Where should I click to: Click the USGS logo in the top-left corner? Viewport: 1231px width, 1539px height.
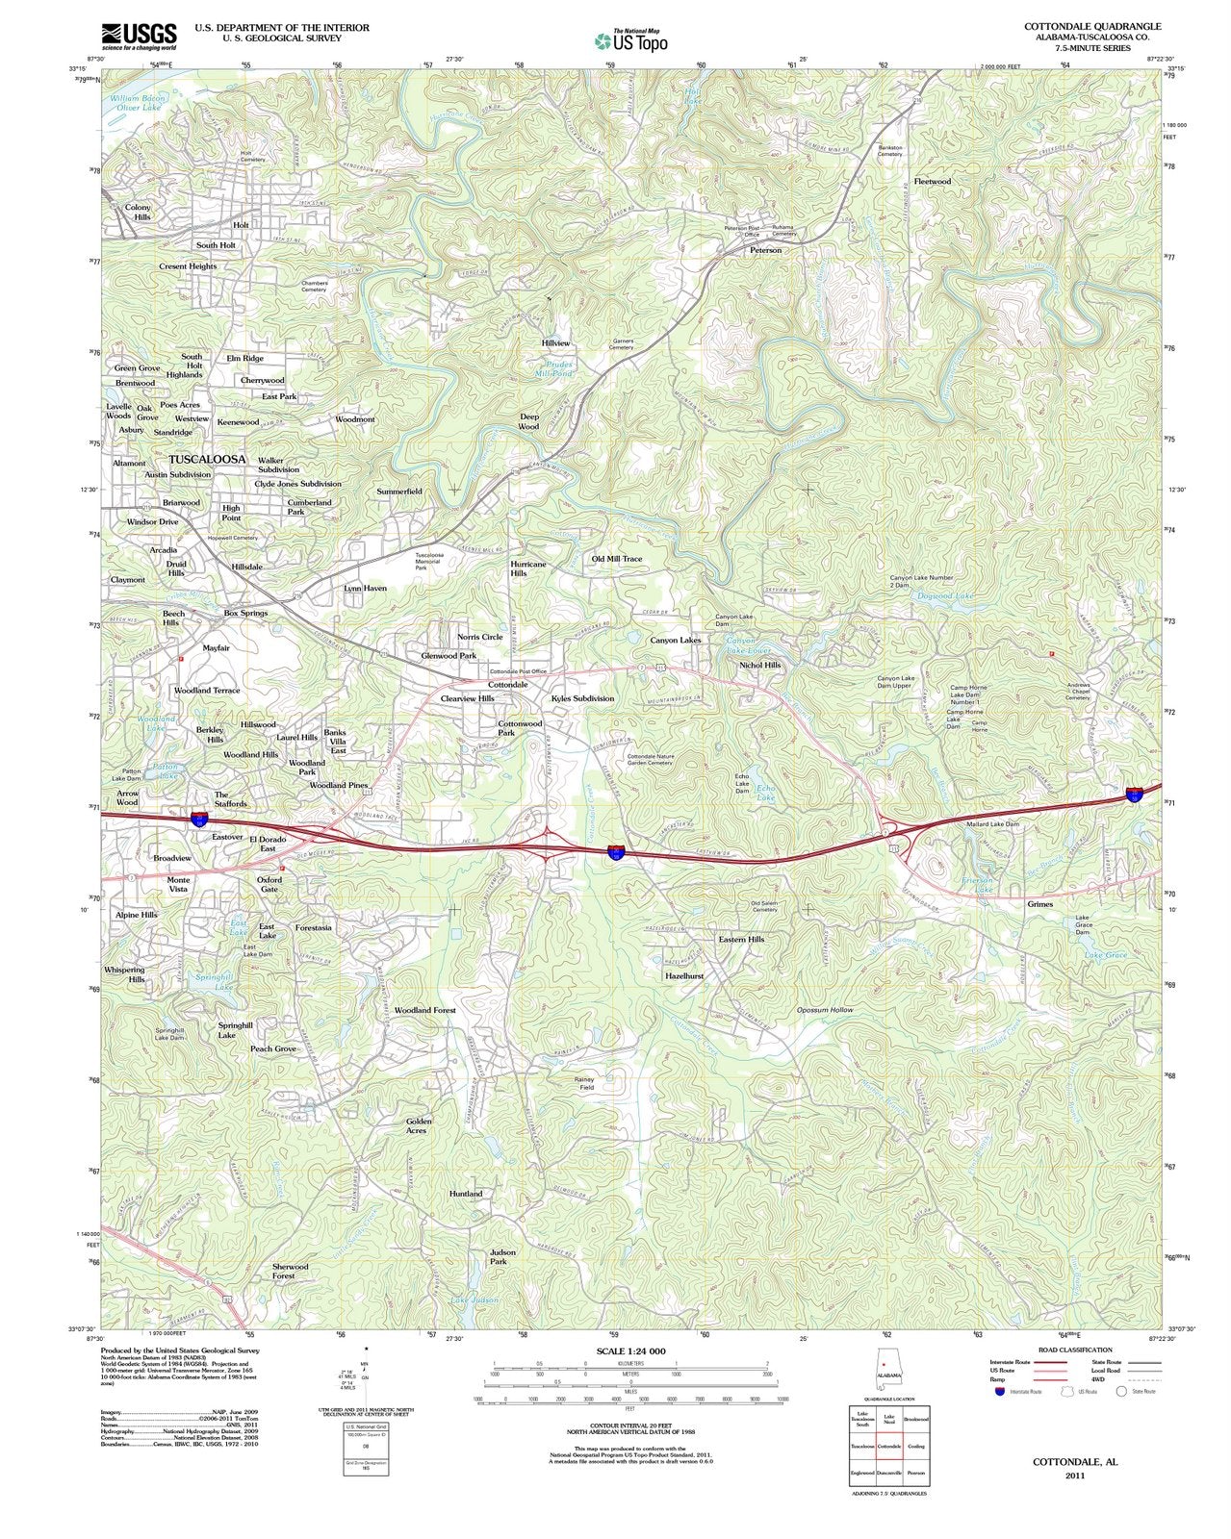pyautogui.click(x=139, y=37)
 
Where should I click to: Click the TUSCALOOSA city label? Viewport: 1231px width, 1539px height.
pyautogui.click(x=207, y=460)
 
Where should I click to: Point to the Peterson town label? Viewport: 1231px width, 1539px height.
pyautogui.click(x=765, y=250)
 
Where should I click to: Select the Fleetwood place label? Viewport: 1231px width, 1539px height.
pyautogui.click(x=932, y=181)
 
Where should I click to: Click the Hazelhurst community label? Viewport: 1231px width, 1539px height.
pyautogui.click(x=684, y=975)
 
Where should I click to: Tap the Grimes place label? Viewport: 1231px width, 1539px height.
pyautogui.click(x=1039, y=904)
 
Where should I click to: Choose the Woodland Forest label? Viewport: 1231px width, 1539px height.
pyautogui.click(x=424, y=1011)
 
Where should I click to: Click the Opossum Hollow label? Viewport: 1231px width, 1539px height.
pyautogui.click(x=825, y=1010)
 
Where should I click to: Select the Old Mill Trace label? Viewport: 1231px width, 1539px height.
pyautogui.click(x=616, y=559)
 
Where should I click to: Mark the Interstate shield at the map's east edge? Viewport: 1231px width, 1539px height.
pyautogui.click(x=1135, y=794)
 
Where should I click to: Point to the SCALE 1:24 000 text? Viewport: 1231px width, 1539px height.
pyautogui.click(x=630, y=1351)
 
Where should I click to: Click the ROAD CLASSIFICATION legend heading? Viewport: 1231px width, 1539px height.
pyautogui.click(x=1075, y=1350)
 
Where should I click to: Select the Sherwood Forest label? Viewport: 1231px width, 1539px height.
pyautogui.click(x=290, y=1272)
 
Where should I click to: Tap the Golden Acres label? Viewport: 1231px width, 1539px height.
pyautogui.click(x=419, y=1125)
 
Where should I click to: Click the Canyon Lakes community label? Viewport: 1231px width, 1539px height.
pyautogui.click(x=676, y=640)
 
